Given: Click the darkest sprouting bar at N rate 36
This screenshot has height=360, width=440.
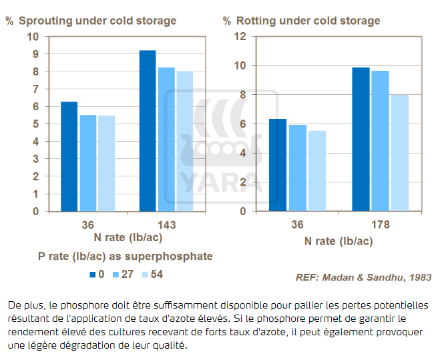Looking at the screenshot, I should click(69, 156).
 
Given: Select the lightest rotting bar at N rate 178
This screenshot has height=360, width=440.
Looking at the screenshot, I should click(399, 153).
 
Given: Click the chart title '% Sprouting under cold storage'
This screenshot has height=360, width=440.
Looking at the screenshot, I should click(91, 21).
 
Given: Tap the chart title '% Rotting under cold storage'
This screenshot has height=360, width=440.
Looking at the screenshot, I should click(308, 21).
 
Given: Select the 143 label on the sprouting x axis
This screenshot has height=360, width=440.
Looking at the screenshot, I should click(166, 224).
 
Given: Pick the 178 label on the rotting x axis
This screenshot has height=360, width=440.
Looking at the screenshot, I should click(380, 224).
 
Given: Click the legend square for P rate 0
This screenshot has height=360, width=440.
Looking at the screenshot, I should click(93, 274).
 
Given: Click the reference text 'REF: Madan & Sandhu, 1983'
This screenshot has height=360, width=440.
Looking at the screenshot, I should click(363, 277).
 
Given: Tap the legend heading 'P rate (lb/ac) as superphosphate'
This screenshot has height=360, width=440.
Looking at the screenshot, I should click(125, 256).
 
